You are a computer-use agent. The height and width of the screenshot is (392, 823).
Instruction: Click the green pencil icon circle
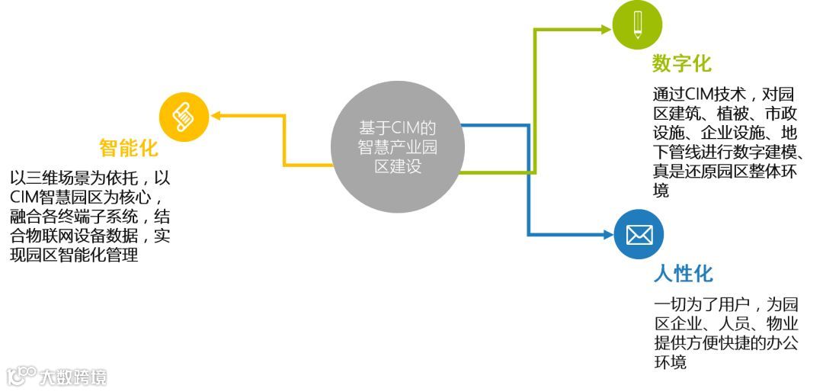coord(637,25)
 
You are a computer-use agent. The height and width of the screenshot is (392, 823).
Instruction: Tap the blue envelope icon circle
coord(639,234)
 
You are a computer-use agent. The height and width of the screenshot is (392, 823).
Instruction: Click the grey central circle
coord(398,148)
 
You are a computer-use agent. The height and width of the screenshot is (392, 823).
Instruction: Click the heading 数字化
coord(682,63)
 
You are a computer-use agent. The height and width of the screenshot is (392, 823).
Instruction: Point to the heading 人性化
coord(683,274)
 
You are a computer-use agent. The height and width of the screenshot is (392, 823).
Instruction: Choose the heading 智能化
coord(129,148)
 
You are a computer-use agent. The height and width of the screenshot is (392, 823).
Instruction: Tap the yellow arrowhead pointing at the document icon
coord(216,116)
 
